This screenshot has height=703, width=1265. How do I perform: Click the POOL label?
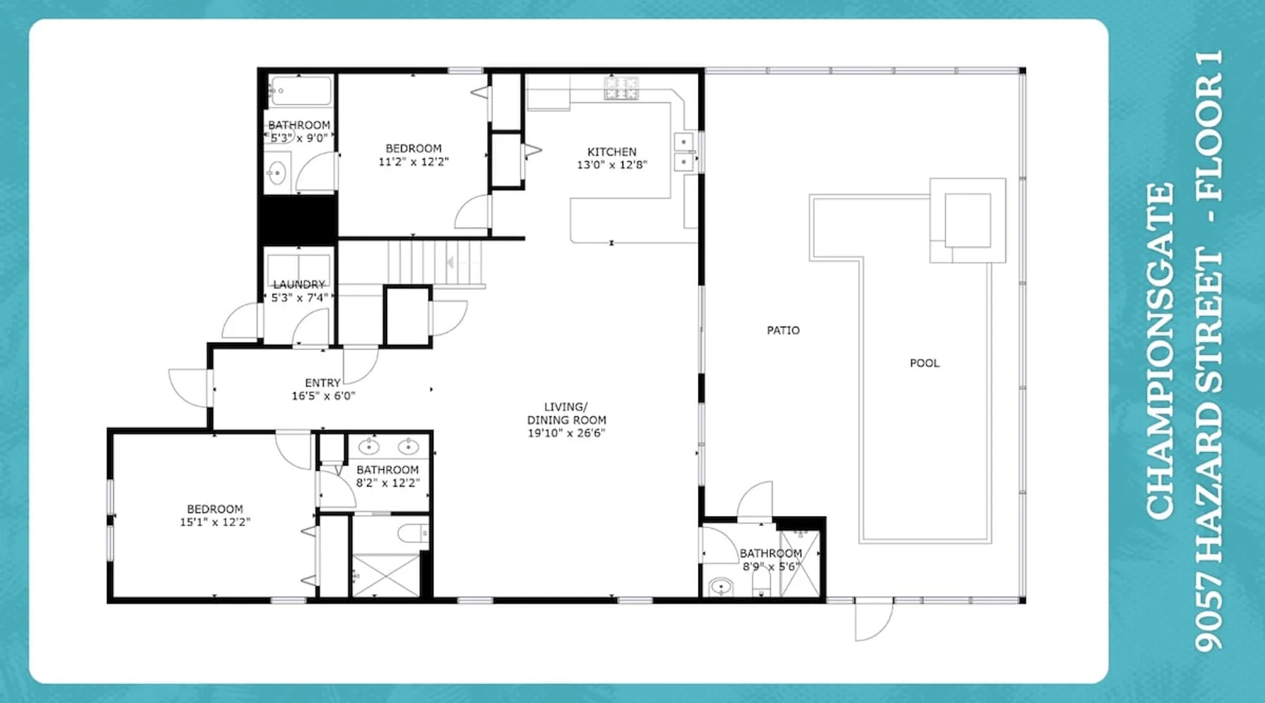[924, 363]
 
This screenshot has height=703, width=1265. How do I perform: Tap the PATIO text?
[783, 330]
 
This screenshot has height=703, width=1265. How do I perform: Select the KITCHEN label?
[611, 151]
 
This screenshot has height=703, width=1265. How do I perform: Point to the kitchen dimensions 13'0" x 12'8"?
[611, 165]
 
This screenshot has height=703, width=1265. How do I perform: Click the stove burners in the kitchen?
[621, 88]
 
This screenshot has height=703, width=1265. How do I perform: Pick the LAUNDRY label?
[299, 284]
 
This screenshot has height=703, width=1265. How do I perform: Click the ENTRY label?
[323, 382]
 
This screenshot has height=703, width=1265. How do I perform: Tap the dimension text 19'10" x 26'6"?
[566, 433]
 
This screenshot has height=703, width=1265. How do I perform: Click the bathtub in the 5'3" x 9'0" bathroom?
[300, 91]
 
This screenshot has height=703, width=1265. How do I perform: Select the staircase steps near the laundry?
[435, 263]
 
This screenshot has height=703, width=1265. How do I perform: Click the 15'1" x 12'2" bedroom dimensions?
[215, 522]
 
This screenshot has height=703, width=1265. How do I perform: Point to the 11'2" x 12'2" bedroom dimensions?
[413, 162]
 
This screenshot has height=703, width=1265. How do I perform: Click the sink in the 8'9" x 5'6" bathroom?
[720, 586]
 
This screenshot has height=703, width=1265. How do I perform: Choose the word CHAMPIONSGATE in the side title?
[1160, 351]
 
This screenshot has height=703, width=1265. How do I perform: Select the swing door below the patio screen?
[874, 620]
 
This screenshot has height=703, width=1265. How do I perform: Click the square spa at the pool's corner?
[968, 220]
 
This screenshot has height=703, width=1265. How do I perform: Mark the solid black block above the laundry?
[299, 219]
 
